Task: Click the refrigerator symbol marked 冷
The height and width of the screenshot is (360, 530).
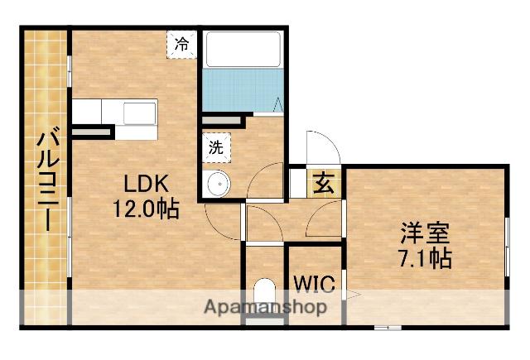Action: tap(181, 45)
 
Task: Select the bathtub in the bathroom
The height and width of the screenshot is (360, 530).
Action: tap(243, 50)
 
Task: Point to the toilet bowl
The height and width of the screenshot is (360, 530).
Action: tap(264, 293)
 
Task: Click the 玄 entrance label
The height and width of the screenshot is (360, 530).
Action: tap(324, 183)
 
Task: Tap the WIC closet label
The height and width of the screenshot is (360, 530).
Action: tap(315, 284)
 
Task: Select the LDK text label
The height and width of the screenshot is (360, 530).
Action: tap(146, 184)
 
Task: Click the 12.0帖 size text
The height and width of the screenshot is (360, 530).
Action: tap(146, 209)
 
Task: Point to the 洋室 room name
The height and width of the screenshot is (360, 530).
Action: tap(425, 233)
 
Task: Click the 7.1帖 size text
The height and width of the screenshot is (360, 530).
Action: tap(425, 258)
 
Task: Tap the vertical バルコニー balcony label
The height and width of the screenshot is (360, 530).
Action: tap(48, 179)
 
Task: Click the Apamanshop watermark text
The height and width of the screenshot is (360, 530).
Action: tap(266, 307)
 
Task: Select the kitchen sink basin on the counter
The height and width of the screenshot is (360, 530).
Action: tap(139, 113)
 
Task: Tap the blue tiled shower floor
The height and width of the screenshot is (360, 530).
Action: tap(243, 90)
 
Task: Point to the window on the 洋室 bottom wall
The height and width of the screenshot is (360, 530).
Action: tap(388, 327)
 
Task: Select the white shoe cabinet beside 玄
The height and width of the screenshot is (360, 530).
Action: tap(298, 184)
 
